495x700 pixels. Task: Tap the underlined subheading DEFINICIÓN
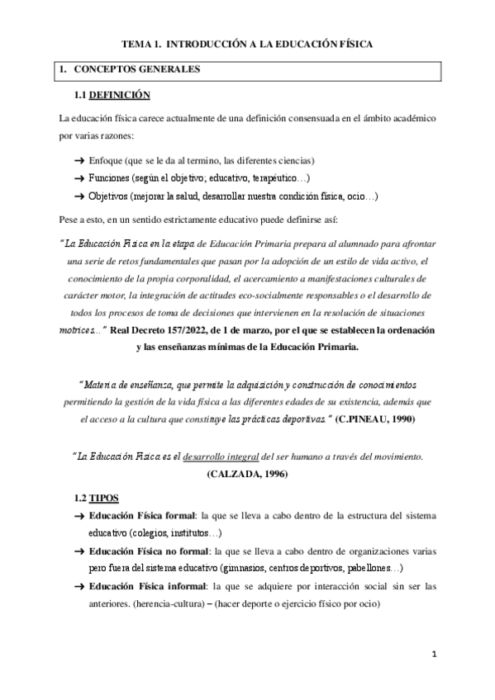click(x=120, y=96)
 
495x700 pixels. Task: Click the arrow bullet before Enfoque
click(x=79, y=159)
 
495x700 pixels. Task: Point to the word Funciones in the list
click(x=111, y=178)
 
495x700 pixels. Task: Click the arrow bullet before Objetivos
click(x=79, y=197)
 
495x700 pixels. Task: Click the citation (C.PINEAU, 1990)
click(x=376, y=419)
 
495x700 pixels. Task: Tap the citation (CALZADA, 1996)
click(x=249, y=474)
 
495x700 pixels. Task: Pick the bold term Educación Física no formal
click(x=150, y=551)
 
